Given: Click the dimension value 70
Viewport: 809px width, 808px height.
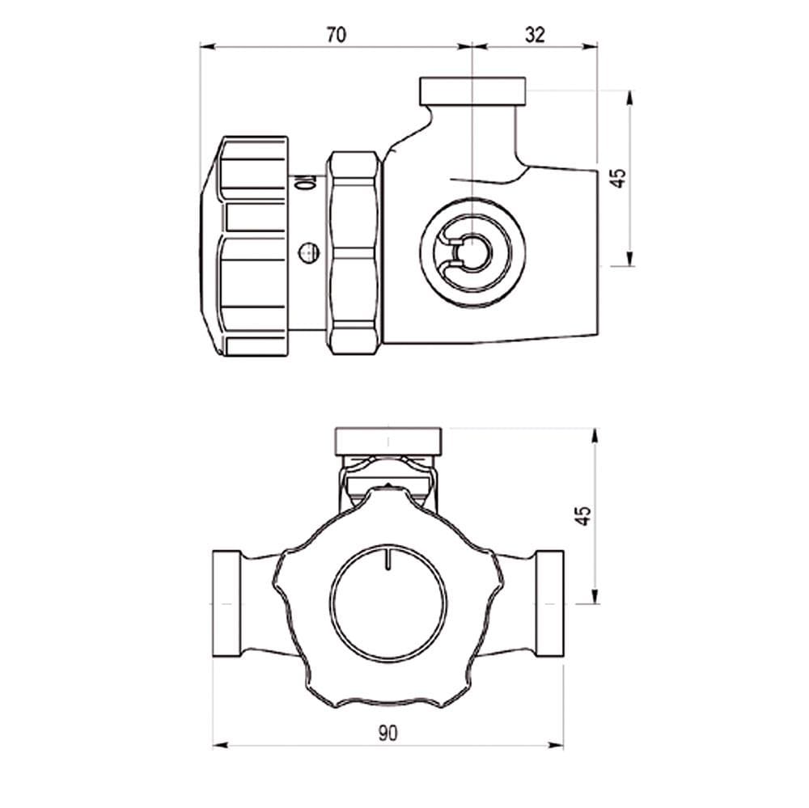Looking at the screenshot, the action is pos(336,35).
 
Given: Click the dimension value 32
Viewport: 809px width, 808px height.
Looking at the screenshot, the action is pos(535,35).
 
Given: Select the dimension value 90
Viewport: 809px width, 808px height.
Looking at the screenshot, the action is pos(388,733).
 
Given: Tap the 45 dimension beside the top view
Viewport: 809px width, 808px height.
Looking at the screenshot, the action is pos(617,178).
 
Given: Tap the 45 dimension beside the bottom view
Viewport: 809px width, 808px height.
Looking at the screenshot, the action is pos(583,515).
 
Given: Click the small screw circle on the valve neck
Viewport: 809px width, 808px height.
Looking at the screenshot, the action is pos(308,253).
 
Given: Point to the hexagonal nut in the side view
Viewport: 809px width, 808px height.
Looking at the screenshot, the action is pos(355,253).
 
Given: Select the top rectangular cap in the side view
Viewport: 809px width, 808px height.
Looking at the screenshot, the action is pos(473,91).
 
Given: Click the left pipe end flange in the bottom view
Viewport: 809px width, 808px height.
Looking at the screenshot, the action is pos(227,603).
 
